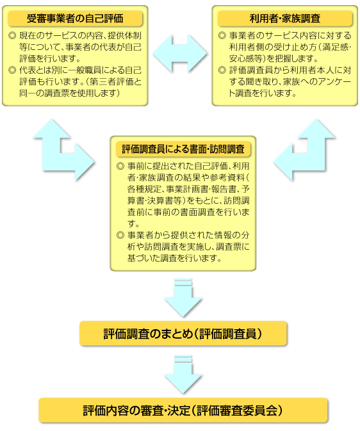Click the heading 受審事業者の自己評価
click(x=75, y=19)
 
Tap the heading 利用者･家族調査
click(x=285, y=19)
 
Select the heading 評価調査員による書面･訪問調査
click(x=183, y=149)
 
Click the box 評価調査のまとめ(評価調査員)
click(x=183, y=334)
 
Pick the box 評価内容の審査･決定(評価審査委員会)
click(x=183, y=411)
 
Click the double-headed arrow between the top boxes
click(x=180, y=54)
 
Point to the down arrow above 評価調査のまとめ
click(x=183, y=298)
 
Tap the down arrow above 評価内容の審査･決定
click(x=183, y=375)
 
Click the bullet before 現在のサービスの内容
click(x=12, y=36)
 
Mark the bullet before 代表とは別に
click(x=12, y=70)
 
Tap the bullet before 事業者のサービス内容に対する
click(x=222, y=36)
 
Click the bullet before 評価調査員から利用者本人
click(x=222, y=70)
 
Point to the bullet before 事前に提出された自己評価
click(x=120, y=167)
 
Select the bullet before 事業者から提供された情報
click(x=120, y=235)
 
